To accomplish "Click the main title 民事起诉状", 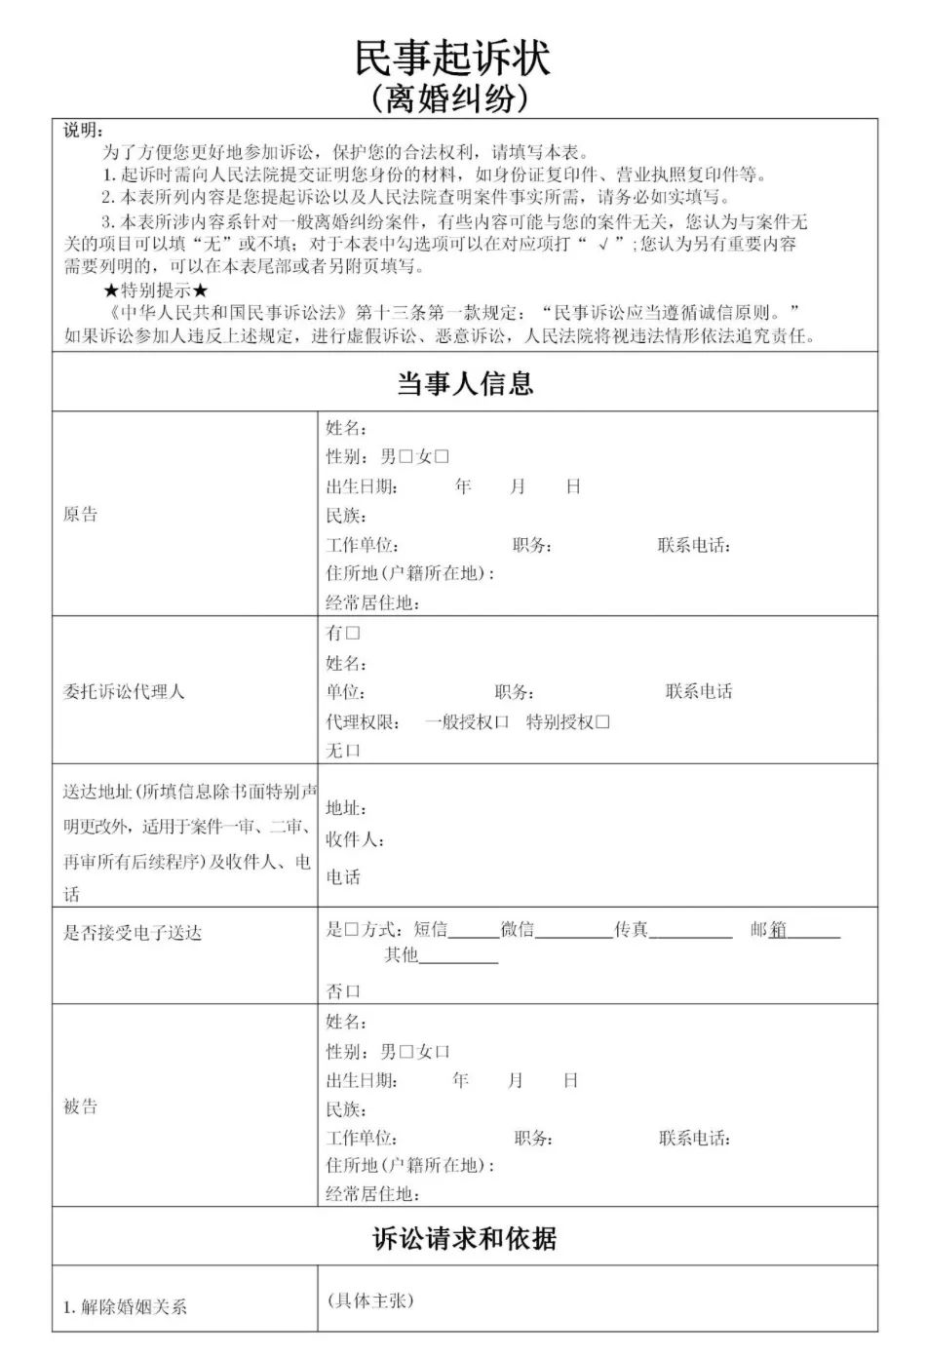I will pyautogui.click(x=452, y=58).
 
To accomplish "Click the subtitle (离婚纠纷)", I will pyautogui.click(x=452, y=97).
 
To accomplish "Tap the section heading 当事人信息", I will pyautogui.click(x=464, y=383).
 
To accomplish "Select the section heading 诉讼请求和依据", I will pyautogui.click(x=464, y=1238).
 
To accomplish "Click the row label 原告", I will pyautogui.click(x=81, y=515).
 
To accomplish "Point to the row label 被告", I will pyautogui.click(x=81, y=1106).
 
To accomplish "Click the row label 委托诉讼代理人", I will pyautogui.click(x=124, y=692).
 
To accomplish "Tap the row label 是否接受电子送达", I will pyautogui.click(x=133, y=933).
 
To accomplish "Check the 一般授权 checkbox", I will pyautogui.click(x=502, y=722).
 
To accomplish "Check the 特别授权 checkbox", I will pyautogui.click(x=602, y=722).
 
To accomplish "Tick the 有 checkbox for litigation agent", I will pyautogui.click(x=353, y=633).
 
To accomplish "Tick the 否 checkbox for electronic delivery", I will pyautogui.click(x=353, y=991).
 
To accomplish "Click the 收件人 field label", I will pyautogui.click(x=354, y=839).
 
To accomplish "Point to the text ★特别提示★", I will pyautogui.click(x=156, y=291).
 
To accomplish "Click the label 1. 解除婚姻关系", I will pyautogui.click(x=125, y=1307).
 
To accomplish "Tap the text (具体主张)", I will pyautogui.click(x=370, y=1300).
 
